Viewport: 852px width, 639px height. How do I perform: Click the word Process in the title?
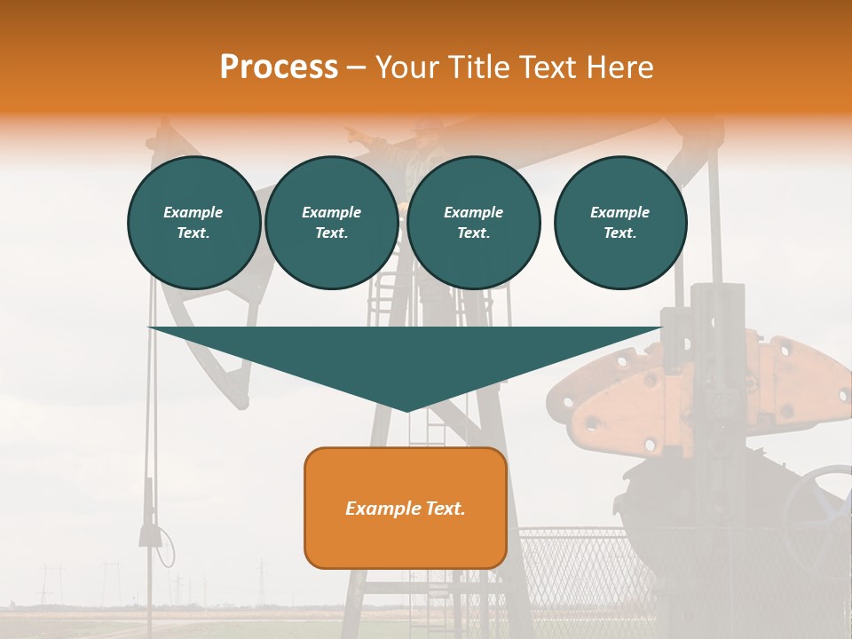279,67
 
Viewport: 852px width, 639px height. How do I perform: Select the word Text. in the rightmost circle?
619,233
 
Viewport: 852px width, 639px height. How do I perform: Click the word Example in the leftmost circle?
193,212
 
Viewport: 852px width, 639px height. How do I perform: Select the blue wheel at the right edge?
825,506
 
